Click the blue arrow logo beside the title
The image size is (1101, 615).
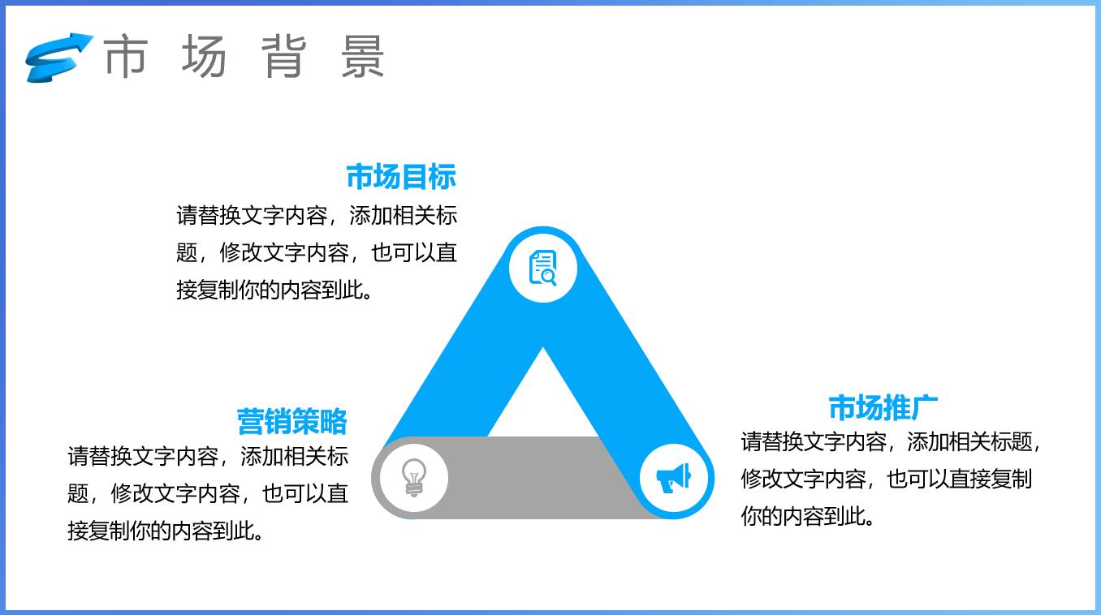coord(57,57)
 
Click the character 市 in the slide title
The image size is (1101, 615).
coord(126,56)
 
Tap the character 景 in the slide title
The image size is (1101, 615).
coord(362,56)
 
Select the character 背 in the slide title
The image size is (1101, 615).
coord(283,56)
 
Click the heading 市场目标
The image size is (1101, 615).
coord(401,176)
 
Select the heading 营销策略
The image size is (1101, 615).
coord(292,421)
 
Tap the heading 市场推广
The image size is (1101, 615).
coord(883,407)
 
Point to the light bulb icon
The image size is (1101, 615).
coord(414,477)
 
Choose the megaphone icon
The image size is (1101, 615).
coord(674,477)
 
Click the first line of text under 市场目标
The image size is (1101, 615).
coord(317,215)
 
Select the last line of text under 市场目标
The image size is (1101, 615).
coord(276,290)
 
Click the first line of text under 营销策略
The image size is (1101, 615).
coord(208,456)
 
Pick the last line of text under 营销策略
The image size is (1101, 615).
coord(166,531)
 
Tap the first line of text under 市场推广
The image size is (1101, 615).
coord(890,442)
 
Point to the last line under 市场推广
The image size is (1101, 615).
coord(809,516)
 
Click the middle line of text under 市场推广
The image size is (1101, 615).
coord(885,479)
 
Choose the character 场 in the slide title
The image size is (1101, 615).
coord(204,56)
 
